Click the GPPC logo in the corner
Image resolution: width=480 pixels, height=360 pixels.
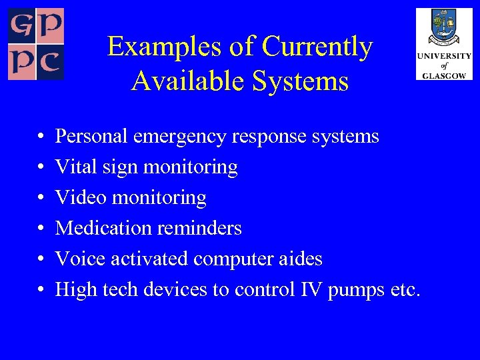click(x=36, y=44)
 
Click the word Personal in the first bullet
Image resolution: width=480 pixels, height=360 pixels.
click(x=92, y=137)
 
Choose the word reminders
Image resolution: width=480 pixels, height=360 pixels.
click(x=199, y=228)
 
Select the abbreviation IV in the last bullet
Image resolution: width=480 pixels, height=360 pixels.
click(x=311, y=289)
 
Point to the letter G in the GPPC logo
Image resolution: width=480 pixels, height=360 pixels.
click(x=21, y=25)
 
